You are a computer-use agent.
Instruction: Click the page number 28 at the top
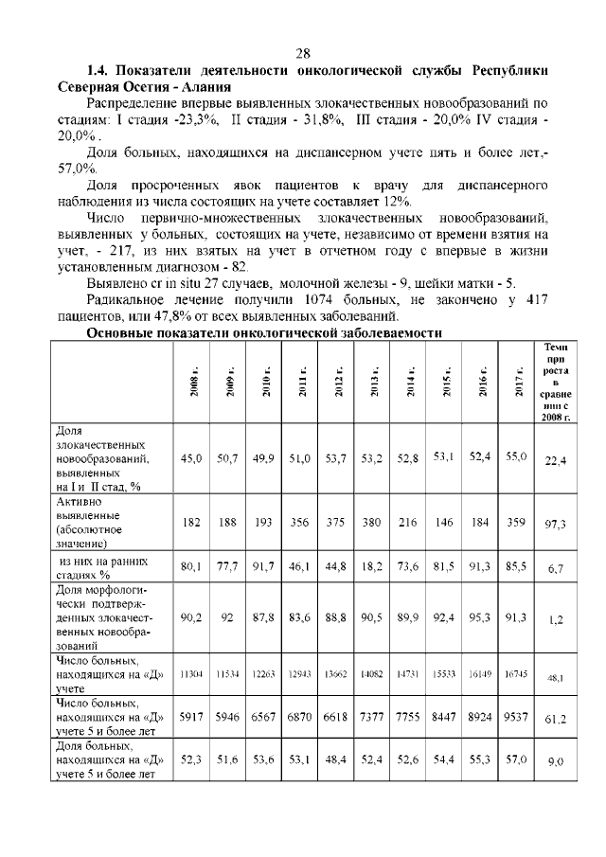click(303, 53)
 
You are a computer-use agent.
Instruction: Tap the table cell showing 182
click(191, 522)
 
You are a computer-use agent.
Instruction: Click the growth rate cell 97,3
click(555, 523)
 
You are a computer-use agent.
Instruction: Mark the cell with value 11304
click(191, 673)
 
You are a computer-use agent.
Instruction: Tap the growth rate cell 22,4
click(555, 460)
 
